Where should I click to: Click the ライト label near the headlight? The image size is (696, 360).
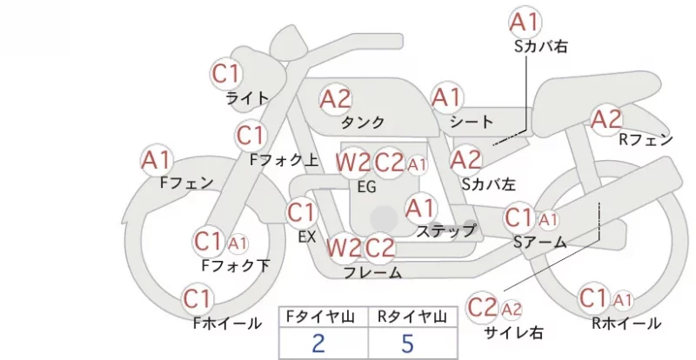click(x=247, y=97)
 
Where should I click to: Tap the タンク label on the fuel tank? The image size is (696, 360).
click(x=363, y=122)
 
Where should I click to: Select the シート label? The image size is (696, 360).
click(x=472, y=121)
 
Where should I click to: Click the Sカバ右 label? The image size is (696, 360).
click(x=540, y=46)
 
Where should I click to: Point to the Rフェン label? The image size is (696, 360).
click(x=646, y=140)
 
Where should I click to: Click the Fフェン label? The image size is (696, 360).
click(x=186, y=183)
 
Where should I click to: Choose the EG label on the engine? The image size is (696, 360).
click(x=367, y=187)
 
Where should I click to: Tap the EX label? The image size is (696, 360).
click(x=307, y=237)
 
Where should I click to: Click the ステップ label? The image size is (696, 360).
click(x=445, y=230)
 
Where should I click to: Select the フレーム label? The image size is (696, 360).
click(x=373, y=272)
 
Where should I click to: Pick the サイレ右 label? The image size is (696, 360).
click(x=514, y=332)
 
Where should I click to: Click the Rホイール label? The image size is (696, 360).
click(x=626, y=323)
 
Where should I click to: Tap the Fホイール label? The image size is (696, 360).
click(x=227, y=323)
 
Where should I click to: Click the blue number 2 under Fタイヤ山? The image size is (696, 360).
click(x=318, y=343)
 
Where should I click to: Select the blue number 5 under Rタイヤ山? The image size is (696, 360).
click(x=407, y=343)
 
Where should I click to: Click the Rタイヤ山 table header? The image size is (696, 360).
click(x=412, y=317)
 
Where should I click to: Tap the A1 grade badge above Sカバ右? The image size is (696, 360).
click(x=525, y=22)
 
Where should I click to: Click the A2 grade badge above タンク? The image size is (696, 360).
click(x=336, y=99)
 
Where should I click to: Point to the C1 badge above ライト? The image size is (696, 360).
click(x=226, y=74)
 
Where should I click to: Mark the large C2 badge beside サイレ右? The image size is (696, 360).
click(x=482, y=307)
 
